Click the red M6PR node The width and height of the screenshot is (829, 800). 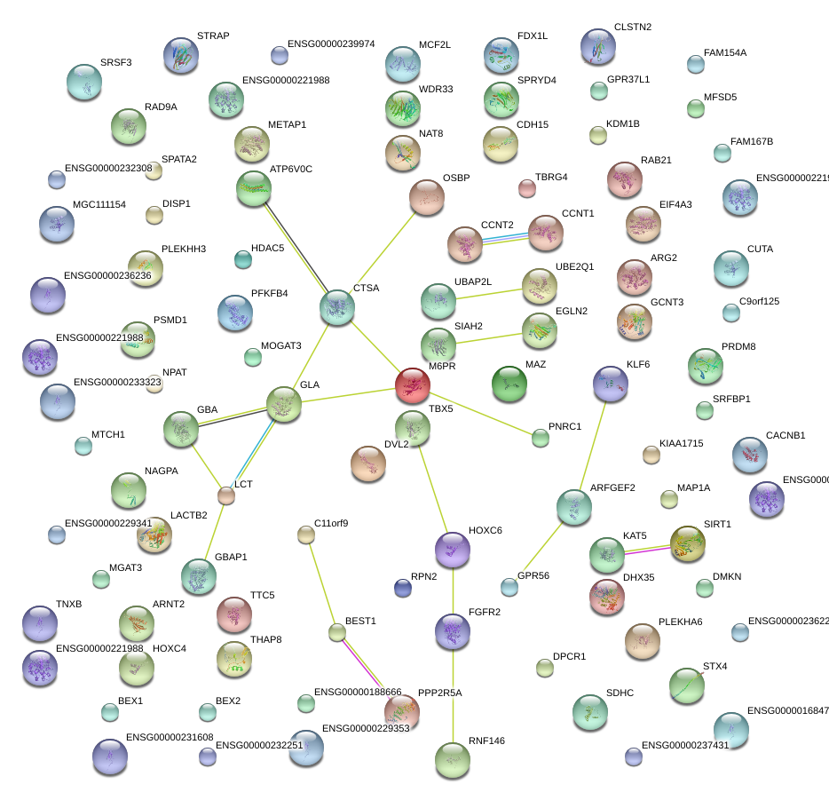coord(412,385)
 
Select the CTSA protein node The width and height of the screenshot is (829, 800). coord(337,307)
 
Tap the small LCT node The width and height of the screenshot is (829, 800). coord(226,496)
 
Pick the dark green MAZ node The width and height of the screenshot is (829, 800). coord(509,384)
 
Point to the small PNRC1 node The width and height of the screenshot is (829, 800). coord(541,437)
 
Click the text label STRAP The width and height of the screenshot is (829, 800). coord(213,36)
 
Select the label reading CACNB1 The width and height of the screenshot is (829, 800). coord(785,436)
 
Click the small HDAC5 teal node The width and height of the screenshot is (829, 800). coord(242,259)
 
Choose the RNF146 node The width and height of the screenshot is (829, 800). coord(453,760)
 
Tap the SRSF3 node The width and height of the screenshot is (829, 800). coord(84,83)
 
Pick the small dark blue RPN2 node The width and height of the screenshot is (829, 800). coord(402,587)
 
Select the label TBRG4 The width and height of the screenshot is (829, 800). coord(550,177)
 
